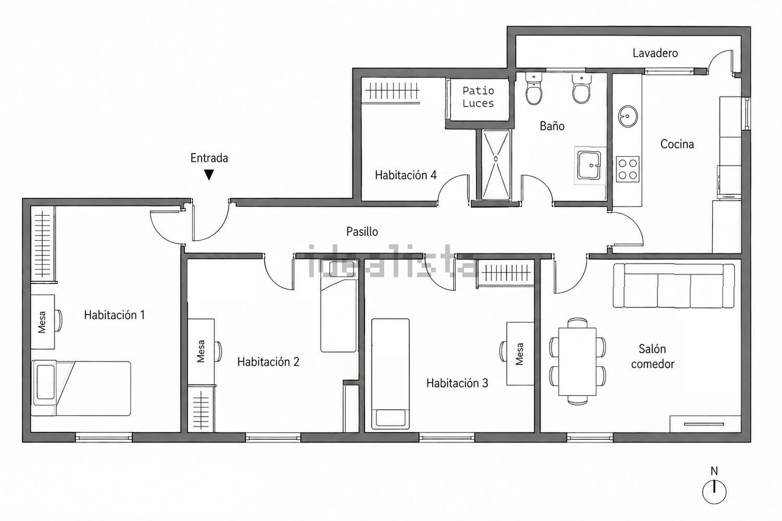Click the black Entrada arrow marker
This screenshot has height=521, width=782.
point(209,175)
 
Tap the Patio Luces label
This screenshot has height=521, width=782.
point(478,97)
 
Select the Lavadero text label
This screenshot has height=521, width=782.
point(655,53)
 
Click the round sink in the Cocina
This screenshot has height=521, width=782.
point(628,116)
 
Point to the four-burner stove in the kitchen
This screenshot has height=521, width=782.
point(627,169)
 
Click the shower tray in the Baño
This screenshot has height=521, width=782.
point(496,165)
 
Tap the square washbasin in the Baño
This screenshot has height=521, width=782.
point(589,165)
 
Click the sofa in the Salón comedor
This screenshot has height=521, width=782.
point(674,286)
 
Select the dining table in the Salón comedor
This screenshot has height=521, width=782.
point(577,361)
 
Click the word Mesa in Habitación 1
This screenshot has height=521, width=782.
point(42,322)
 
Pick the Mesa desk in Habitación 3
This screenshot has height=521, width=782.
point(520,353)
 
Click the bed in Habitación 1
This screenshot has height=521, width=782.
point(81,388)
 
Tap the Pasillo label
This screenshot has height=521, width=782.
point(362,231)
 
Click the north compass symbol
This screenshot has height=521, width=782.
point(714,492)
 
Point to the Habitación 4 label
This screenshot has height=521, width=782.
point(406,175)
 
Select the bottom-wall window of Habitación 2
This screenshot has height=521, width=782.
point(273,437)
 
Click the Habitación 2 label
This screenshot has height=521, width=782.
point(268,362)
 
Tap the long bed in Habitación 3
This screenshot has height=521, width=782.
point(390,374)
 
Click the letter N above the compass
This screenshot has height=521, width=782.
point(714,471)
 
